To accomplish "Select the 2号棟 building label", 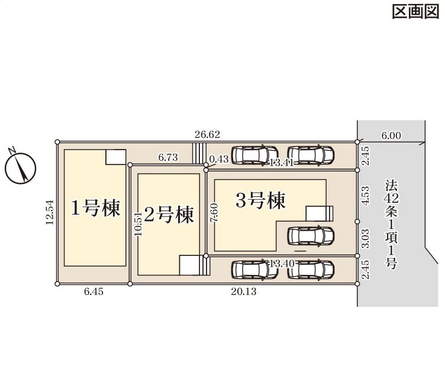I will click(169, 215).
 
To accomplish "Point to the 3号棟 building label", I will click(260, 200).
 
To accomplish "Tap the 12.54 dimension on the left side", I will click(50, 211).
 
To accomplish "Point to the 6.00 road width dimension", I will click(391, 135).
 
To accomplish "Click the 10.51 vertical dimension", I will click(138, 224).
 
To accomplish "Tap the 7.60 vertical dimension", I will click(214, 212).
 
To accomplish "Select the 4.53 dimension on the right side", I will click(366, 196).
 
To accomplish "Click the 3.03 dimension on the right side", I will click(366, 238).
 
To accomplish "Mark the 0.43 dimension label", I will click(219, 159).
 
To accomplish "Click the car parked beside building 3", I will click(308, 236).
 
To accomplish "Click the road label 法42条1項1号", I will click(390, 225).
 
